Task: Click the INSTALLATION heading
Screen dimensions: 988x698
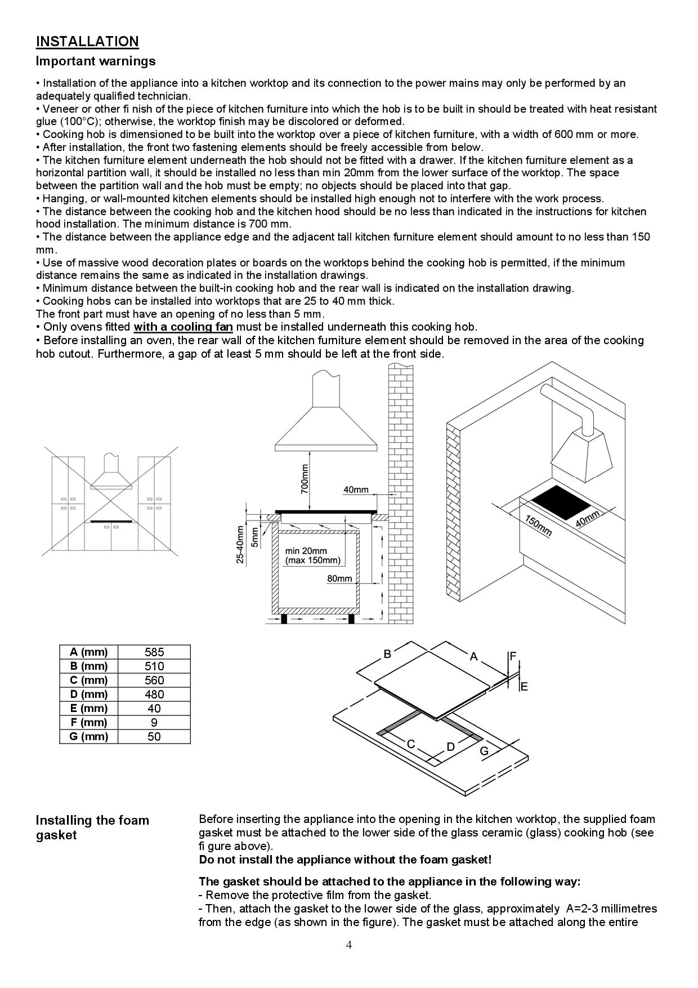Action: tap(87, 41)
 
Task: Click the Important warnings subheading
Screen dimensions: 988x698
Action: tap(96, 61)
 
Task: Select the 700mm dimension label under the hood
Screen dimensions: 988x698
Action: tap(305, 479)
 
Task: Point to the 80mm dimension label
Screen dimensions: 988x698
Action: tap(339, 578)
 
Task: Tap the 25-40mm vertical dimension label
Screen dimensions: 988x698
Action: tap(240, 544)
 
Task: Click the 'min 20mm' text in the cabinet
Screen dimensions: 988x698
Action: tap(306, 551)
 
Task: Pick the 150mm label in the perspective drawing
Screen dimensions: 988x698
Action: tap(538, 526)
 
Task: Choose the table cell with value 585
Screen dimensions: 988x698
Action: tap(154, 652)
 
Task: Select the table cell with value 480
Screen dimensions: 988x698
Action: tap(154, 695)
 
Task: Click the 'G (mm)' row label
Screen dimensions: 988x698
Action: tap(88, 737)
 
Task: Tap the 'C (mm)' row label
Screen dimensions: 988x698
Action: tap(88, 680)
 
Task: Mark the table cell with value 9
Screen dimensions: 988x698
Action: tap(154, 723)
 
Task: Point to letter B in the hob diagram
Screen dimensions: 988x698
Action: tap(387, 654)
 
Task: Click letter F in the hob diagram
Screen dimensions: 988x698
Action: tap(512, 656)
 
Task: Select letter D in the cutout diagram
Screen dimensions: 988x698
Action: tap(450, 747)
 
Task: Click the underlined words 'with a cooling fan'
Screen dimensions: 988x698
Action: tap(183, 327)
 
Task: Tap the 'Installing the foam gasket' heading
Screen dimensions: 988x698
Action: tap(92, 827)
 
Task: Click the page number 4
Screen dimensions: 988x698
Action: tap(349, 945)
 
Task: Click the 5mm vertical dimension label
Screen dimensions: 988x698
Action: tap(255, 536)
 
